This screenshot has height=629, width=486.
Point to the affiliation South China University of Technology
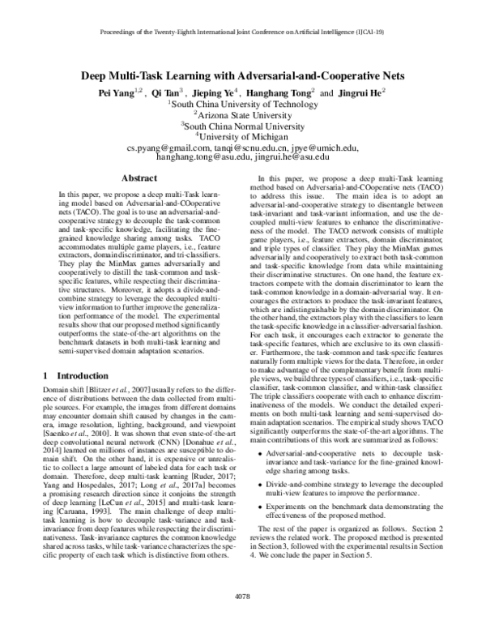[243, 105]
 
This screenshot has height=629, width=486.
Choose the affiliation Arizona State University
[243, 116]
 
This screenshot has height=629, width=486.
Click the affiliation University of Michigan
[243, 138]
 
